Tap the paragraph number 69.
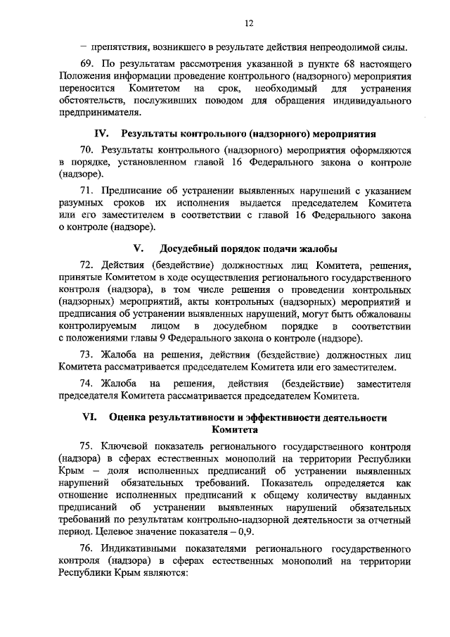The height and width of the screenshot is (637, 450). coord(86,64)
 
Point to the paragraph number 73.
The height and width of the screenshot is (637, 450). coord(86,356)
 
